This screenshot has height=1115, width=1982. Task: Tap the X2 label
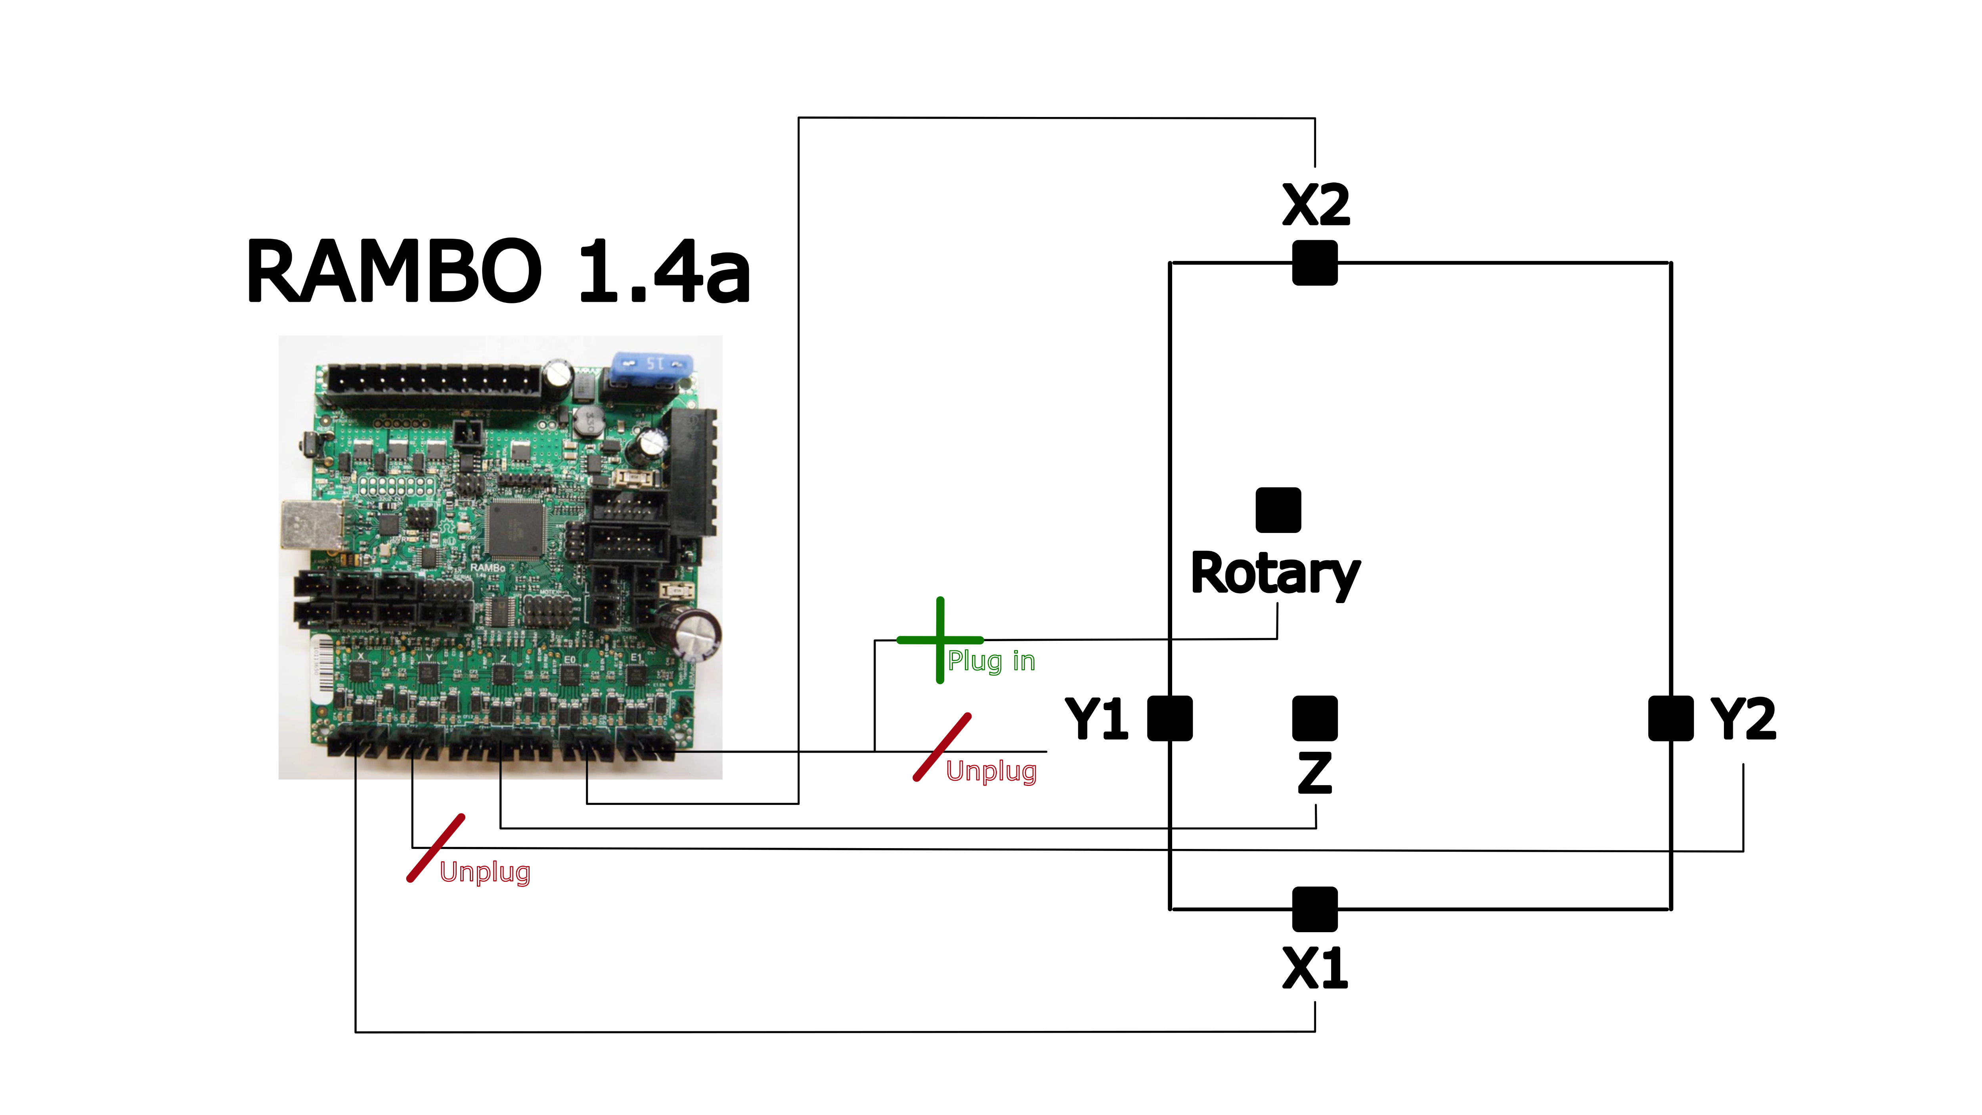[x=1315, y=205]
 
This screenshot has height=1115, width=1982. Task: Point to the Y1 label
[x=1096, y=719]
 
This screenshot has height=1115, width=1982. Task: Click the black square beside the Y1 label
[x=1169, y=719]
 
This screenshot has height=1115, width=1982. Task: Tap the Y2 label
[x=1743, y=719]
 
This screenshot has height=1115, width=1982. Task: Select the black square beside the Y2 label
[x=1670, y=719]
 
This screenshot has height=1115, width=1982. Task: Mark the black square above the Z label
[x=1315, y=719]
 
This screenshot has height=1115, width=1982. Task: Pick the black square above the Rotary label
[x=1278, y=510]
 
